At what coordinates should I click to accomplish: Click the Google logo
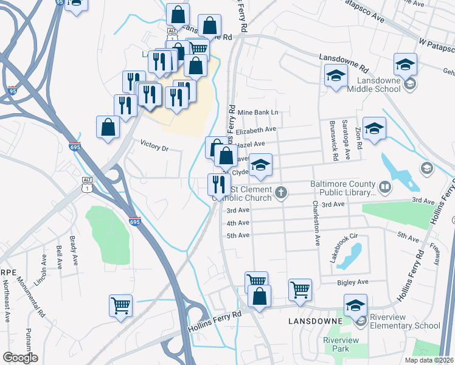tap(20, 358)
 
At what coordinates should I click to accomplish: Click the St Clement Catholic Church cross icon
tap(280, 193)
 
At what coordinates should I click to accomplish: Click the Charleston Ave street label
tap(316, 223)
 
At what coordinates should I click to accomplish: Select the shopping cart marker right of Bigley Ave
tap(300, 291)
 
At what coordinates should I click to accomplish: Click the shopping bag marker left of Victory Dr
tap(108, 127)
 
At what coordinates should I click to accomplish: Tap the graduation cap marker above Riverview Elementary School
tap(355, 305)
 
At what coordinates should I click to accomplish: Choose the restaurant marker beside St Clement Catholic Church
tap(219, 185)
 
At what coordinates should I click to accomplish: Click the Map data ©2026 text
tap(429, 360)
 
